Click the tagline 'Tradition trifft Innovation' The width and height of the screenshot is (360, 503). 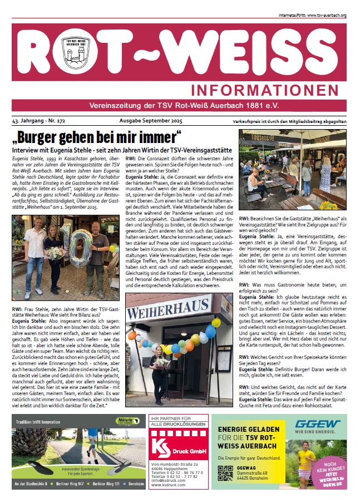pos(40,421)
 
